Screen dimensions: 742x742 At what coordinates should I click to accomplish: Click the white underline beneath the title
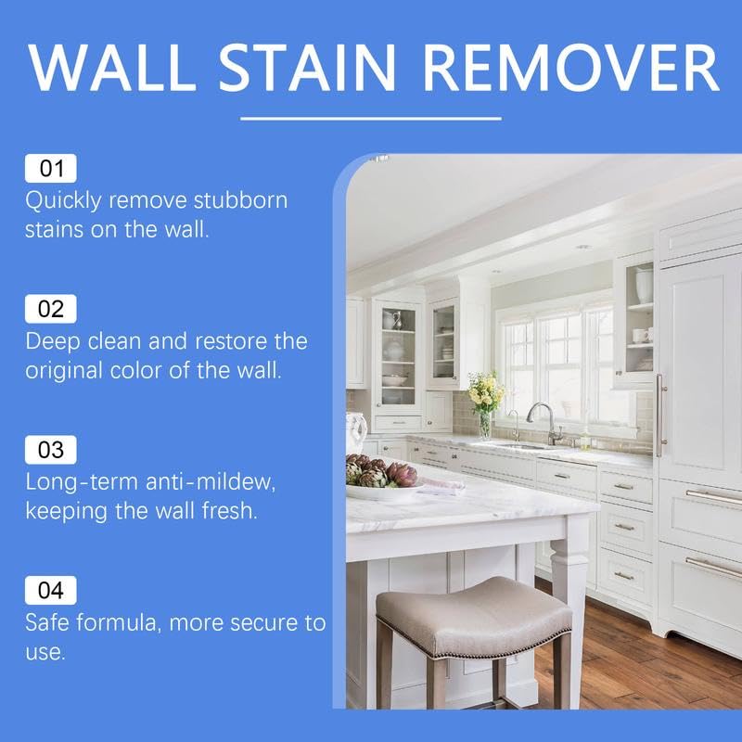pyautogui.click(x=371, y=119)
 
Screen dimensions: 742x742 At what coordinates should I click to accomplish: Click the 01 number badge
pyautogui.click(x=51, y=169)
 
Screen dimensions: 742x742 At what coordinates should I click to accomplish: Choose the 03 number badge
pyautogui.click(x=51, y=451)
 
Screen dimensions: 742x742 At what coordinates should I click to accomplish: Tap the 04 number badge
pyautogui.click(x=51, y=590)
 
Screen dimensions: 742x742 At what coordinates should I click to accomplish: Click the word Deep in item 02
pyautogui.click(x=53, y=341)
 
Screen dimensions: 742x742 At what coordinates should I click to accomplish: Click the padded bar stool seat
pyautogui.click(x=473, y=612)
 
